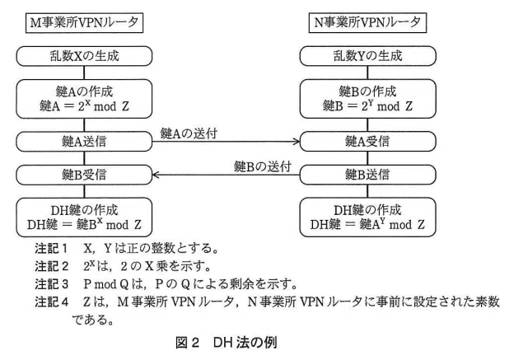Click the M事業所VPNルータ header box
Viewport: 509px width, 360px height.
coord(84,23)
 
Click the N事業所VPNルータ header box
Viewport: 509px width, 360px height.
coord(367,23)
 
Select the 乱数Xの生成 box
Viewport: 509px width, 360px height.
coord(84,56)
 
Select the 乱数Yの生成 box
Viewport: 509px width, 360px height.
coord(368,56)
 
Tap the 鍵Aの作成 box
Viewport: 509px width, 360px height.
coord(84,99)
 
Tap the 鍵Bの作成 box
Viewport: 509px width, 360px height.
coord(368,99)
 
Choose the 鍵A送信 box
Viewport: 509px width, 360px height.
coord(84,142)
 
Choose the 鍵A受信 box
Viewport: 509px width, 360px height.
coord(368,142)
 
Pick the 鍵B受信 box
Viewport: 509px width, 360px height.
coord(84,175)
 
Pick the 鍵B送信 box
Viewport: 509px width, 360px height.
coord(368,175)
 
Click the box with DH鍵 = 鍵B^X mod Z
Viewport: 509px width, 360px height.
coord(84,217)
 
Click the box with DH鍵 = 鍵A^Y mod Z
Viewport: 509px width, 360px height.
coord(368,217)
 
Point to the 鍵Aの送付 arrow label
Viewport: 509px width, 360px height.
coord(189,133)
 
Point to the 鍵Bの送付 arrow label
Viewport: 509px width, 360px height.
coord(263,167)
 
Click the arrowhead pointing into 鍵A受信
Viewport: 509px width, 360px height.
coord(297,142)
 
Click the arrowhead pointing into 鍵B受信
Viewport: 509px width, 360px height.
coord(156,175)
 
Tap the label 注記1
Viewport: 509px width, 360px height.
coord(51,249)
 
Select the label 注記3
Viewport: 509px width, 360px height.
coord(51,284)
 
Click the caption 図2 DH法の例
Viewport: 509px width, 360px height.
coord(226,343)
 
